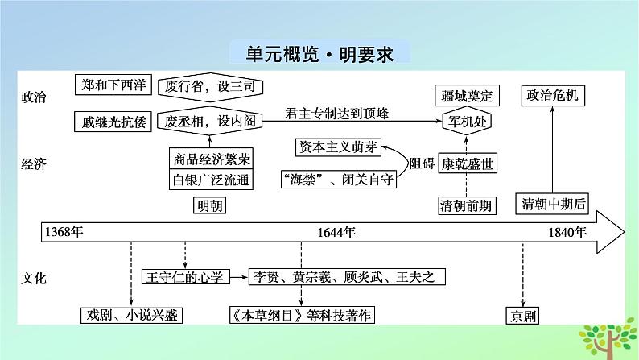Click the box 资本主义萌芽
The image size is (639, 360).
tap(336, 147)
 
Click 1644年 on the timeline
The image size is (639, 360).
tap(337, 232)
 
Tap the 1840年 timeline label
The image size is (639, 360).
tap(567, 232)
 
